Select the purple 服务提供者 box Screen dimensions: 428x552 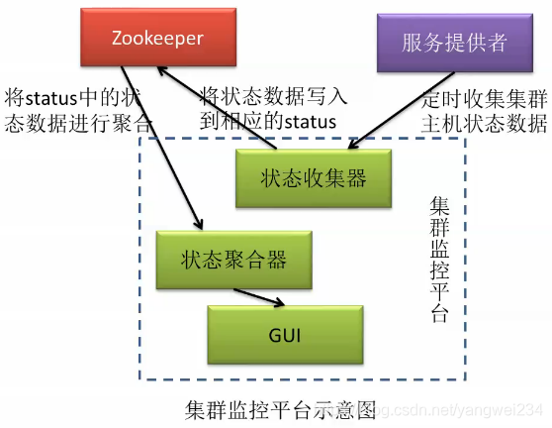click(454, 43)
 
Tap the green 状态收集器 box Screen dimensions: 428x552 click(314, 177)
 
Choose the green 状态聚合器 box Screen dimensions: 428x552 click(233, 260)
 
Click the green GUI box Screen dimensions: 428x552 click(284, 334)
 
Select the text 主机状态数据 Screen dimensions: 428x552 click(484, 123)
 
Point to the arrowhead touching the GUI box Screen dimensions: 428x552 click(285, 303)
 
